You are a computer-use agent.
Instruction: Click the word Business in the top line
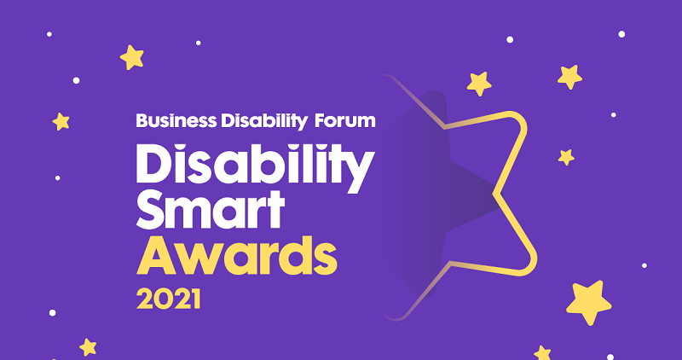click(x=176, y=120)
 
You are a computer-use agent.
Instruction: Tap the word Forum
click(x=345, y=120)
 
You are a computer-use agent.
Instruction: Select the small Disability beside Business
click(x=264, y=122)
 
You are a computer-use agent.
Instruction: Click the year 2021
click(x=168, y=299)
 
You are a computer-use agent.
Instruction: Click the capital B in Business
click(x=142, y=120)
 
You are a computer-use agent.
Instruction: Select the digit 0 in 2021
click(x=162, y=299)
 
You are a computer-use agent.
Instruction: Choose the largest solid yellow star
click(x=589, y=302)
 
